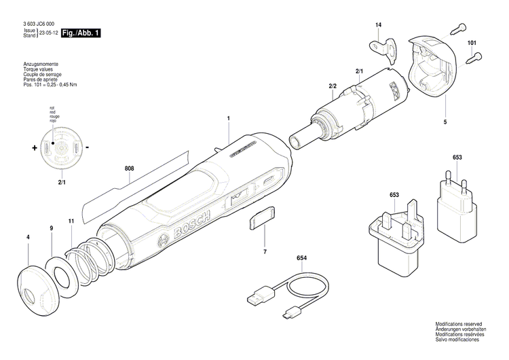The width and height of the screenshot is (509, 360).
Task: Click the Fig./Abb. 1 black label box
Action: [x=81, y=33]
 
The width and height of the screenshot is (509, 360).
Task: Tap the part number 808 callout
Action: [x=130, y=166]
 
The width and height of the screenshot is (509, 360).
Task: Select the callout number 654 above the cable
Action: [x=301, y=259]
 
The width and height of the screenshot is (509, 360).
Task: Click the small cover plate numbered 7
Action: [x=261, y=219]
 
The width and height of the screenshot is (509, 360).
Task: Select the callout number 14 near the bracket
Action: [x=379, y=26]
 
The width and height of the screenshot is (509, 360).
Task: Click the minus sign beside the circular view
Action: [x=88, y=147]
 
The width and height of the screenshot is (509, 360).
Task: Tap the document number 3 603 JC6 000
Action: [x=38, y=24]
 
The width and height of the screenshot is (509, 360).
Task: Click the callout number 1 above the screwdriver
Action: [x=229, y=118]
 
